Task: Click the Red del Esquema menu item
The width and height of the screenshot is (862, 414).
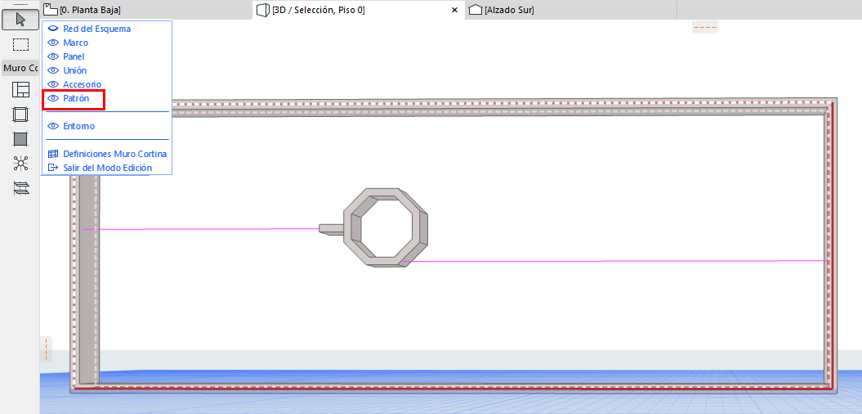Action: point(96,29)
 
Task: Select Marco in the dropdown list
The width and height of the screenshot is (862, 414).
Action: point(75,43)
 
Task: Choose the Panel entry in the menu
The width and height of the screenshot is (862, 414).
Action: point(74,56)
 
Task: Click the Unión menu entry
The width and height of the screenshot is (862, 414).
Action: point(74,70)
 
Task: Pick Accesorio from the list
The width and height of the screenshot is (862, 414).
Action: point(82,84)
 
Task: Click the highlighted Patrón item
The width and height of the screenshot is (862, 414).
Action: point(77,98)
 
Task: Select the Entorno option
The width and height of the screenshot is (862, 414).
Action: point(78,126)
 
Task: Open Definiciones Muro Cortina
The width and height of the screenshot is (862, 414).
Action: point(114,154)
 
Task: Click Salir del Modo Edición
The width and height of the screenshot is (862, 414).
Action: point(107,168)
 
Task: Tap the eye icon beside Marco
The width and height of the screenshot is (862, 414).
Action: point(53,43)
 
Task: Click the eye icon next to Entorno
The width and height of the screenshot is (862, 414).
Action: point(53,126)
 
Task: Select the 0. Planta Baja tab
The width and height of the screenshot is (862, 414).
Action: point(90,10)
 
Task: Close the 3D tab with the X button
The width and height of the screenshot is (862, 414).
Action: point(454,10)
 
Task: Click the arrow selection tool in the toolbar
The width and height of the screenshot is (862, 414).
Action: point(20,19)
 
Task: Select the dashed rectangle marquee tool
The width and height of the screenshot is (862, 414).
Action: point(20,44)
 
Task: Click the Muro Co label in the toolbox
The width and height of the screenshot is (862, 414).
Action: point(20,68)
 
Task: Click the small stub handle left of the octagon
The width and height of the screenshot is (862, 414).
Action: point(330,228)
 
